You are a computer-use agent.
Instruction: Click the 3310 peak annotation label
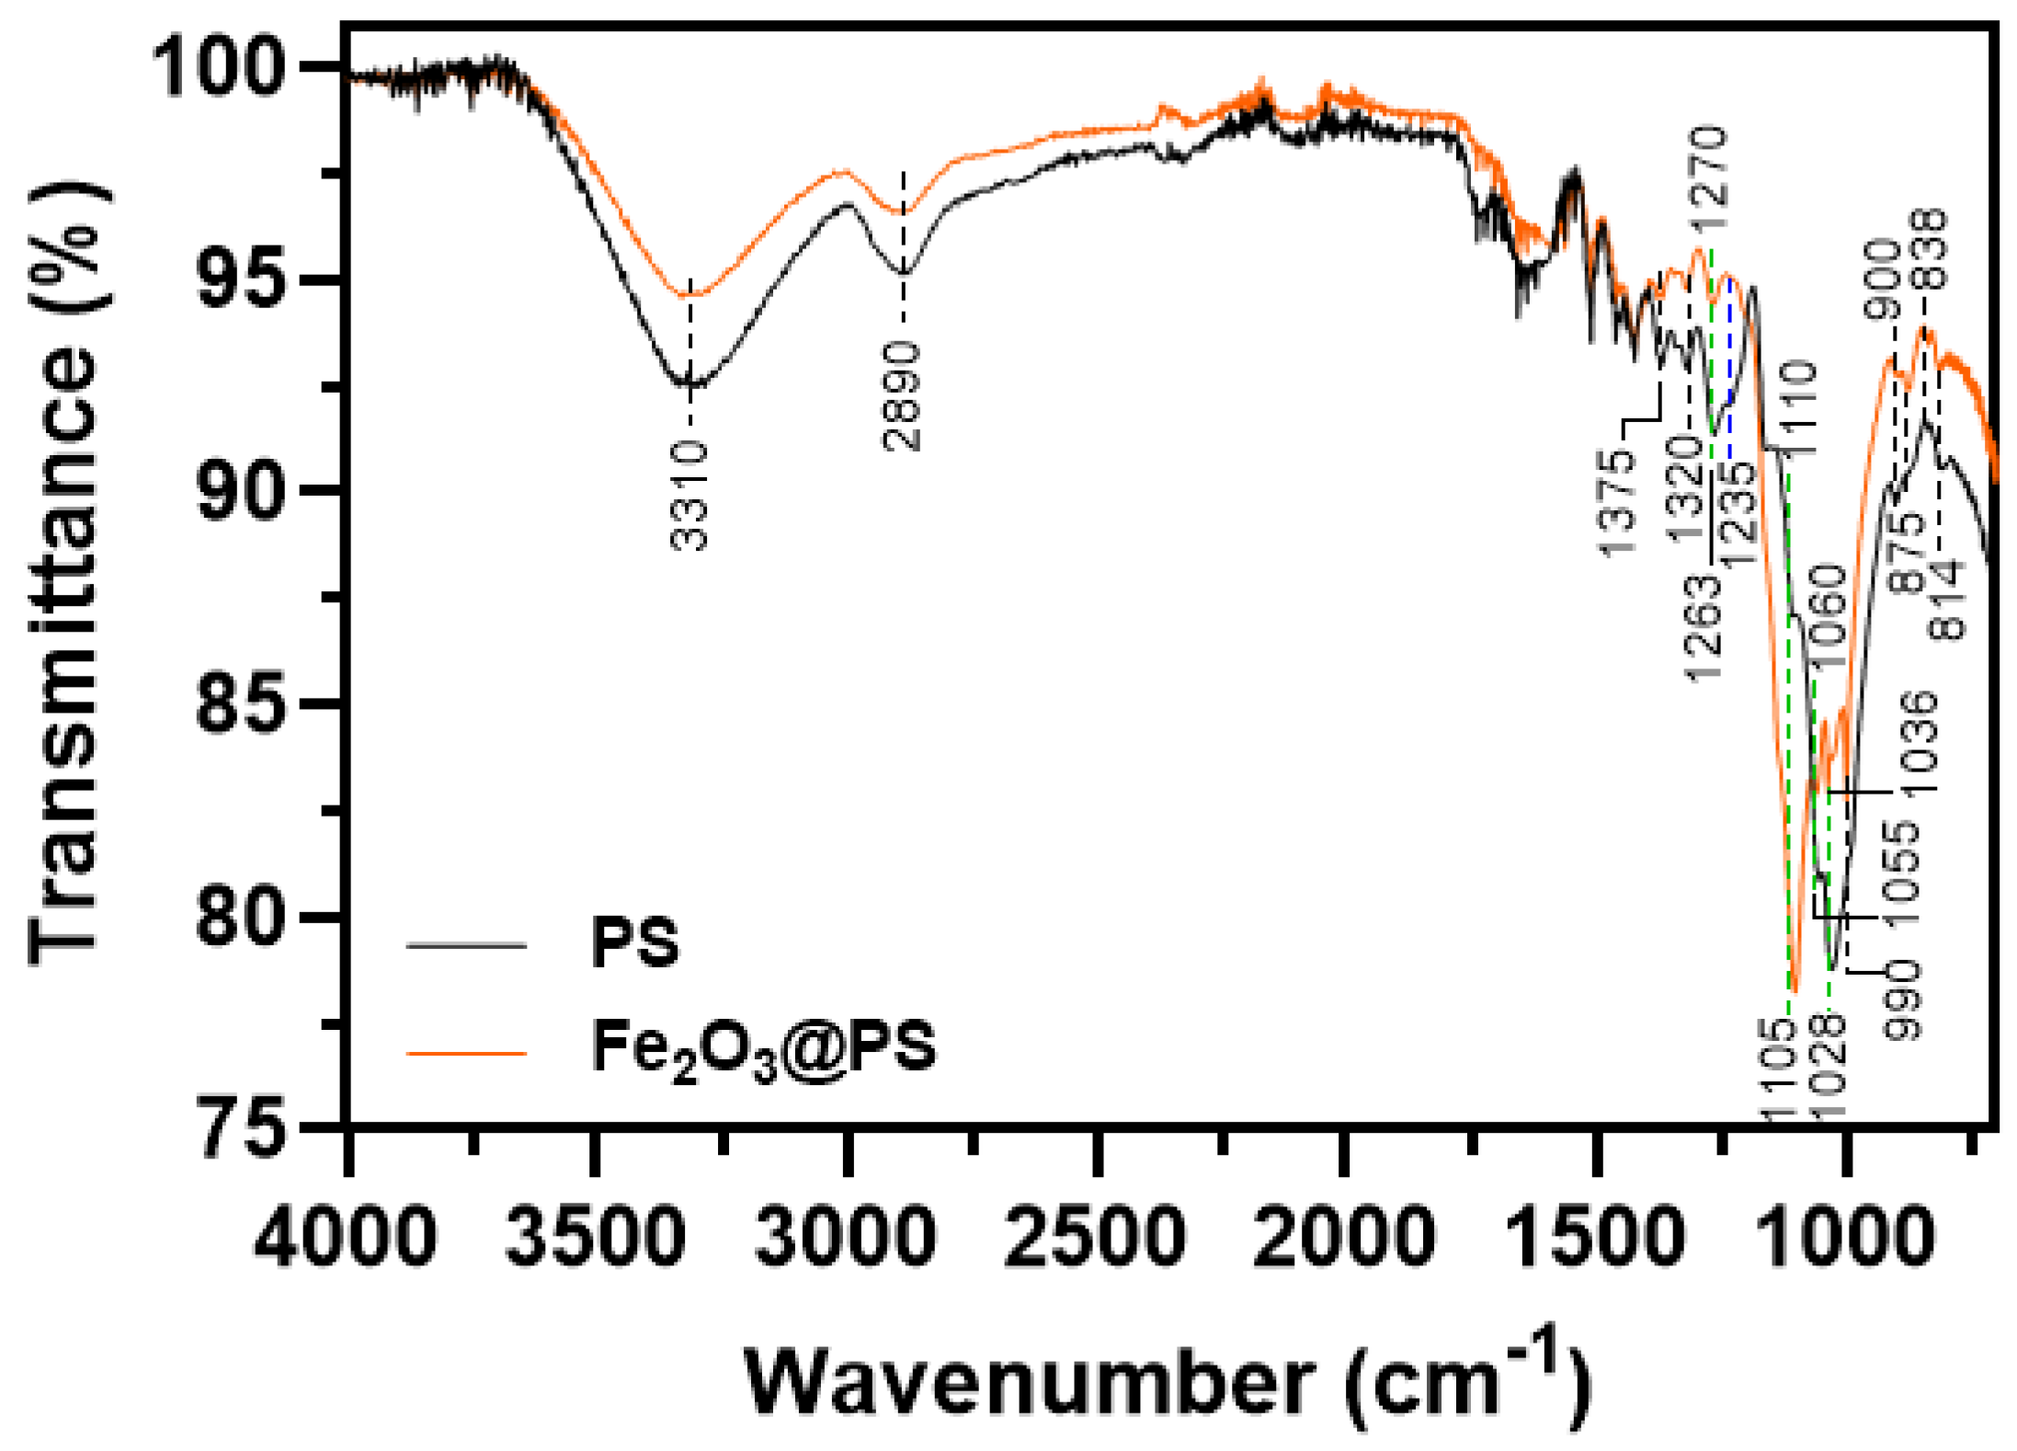pos(690,496)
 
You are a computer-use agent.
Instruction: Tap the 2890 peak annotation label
pos(902,396)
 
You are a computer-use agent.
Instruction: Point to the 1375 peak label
pos(1618,502)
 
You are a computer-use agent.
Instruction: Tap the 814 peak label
pos(1947,600)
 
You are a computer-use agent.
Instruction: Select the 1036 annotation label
pos(1920,744)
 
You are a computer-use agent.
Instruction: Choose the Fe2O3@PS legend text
pos(763,1048)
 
